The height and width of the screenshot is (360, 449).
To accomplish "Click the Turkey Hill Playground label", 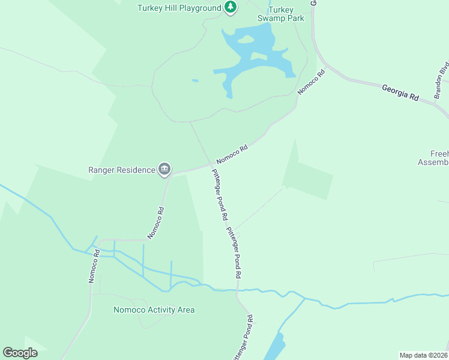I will pyautogui.click(x=179, y=8).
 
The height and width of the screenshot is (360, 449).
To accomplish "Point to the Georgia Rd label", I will pyautogui.click(x=400, y=92).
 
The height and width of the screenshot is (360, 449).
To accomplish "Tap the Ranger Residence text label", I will pyautogui.click(x=121, y=170).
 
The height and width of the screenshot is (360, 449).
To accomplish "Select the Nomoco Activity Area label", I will pyautogui.click(x=154, y=310).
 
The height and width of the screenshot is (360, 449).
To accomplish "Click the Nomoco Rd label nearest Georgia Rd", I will pyautogui.click(x=311, y=82).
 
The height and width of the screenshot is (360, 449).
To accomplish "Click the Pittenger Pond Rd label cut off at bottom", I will pyautogui.click(x=243, y=340).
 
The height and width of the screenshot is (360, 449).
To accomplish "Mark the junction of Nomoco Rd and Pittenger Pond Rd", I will pyautogui.click(x=211, y=164).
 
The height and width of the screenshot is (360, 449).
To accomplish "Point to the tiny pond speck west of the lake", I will pyautogui.click(x=194, y=80).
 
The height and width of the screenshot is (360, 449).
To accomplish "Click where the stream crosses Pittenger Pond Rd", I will pyautogui.click(x=237, y=290).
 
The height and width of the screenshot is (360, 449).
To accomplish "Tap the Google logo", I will pyautogui.click(x=20, y=352).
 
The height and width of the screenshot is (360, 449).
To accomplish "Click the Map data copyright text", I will pyautogui.click(x=424, y=355).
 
